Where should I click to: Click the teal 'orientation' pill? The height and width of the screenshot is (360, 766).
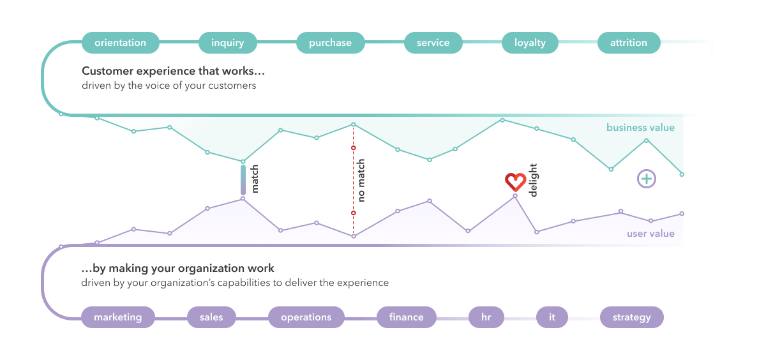pos(120,43)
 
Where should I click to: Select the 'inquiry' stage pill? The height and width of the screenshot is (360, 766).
pos(228,43)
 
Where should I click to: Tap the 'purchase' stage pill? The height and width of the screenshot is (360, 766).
pos(330,43)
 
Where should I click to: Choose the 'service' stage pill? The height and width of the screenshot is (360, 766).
pos(433,43)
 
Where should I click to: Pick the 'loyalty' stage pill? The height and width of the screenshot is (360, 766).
pos(530,43)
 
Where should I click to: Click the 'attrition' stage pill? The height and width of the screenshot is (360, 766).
pos(629,43)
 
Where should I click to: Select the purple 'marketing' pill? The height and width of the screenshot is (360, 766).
pos(118,317)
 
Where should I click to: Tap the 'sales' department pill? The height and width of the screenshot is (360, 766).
pos(211,317)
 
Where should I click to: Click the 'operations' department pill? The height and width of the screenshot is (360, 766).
pos(306,317)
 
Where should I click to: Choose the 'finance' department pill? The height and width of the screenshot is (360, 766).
pos(406,317)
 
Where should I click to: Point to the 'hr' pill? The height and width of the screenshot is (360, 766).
pos(486,317)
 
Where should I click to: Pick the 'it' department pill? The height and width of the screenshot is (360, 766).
pos(552,317)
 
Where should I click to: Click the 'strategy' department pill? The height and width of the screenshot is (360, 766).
pos(632,317)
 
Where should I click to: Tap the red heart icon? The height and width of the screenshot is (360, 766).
pos(514,183)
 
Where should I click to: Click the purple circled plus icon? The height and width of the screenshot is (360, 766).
pos(647,179)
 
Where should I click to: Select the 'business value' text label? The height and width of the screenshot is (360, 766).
pos(640,128)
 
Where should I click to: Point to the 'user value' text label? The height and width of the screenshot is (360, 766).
pos(650,234)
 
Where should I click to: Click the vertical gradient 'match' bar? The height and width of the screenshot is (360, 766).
pos(243,180)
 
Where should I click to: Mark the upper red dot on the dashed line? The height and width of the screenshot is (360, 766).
pos(353,148)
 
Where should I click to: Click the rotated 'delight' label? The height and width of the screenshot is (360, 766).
pos(534,180)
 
